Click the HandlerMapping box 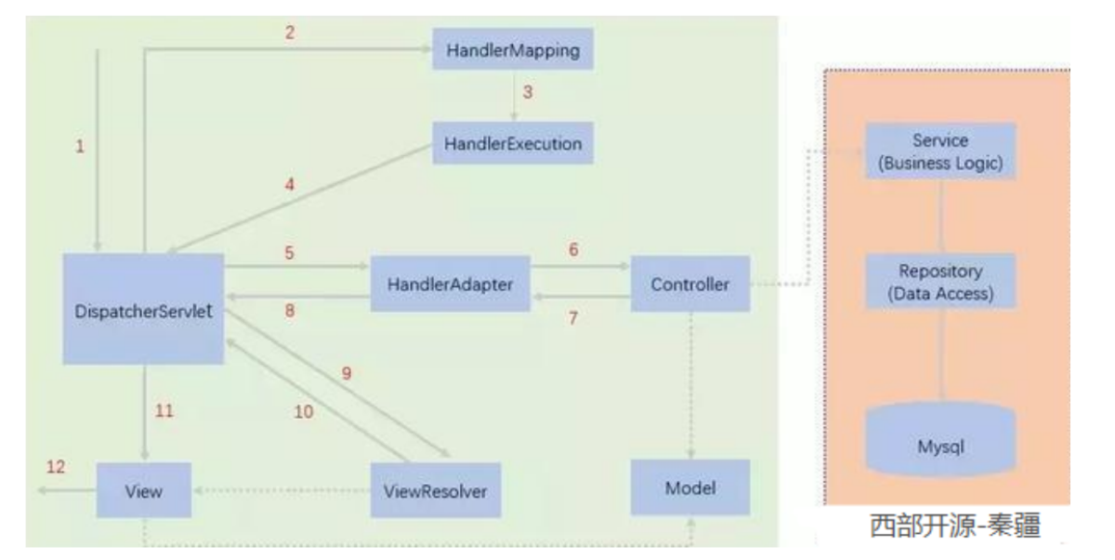[x=513, y=49]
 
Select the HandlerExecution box [x=513, y=144]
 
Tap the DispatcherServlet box [x=144, y=310]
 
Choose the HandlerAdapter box [x=450, y=284]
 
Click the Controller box [x=689, y=284]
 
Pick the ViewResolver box [x=435, y=490]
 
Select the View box [x=144, y=490]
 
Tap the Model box [x=689, y=488]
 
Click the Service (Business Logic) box [x=939, y=151]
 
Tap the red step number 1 [x=80, y=146]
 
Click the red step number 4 [x=290, y=184]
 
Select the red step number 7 [x=573, y=318]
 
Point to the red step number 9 [x=347, y=373]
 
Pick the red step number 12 [x=56, y=466]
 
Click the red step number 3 [x=528, y=93]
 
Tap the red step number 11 [x=164, y=410]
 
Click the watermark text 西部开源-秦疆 [x=955, y=526]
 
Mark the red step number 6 [x=573, y=250]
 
